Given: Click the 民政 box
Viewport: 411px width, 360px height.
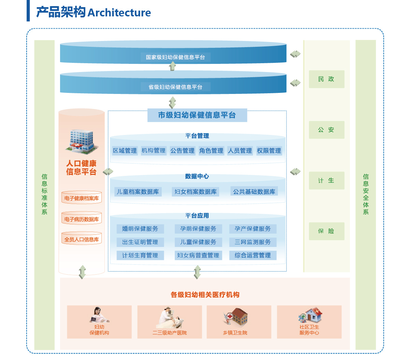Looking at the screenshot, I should [x=326, y=79].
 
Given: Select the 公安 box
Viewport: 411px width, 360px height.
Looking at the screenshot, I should [x=326, y=130].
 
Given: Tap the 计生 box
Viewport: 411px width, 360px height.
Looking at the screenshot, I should [x=326, y=181].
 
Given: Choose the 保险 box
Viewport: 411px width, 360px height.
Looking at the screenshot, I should [x=326, y=231].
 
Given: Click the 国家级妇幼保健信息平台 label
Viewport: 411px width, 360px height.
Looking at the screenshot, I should [x=175, y=57].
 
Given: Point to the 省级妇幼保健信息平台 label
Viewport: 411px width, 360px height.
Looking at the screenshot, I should [x=175, y=87].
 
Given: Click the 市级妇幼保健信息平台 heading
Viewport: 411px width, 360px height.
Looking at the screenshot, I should [x=197, y=115].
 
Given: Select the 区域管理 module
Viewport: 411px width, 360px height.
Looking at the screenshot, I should [x=125, y=151].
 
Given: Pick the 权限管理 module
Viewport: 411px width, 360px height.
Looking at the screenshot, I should [x=269, y=151].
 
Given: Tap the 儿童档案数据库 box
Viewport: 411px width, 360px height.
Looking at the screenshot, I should [x=138, y=192].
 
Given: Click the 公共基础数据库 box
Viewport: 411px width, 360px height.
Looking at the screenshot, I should [x=254, y=192].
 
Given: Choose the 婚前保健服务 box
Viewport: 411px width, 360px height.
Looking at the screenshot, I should [x=140, y=229].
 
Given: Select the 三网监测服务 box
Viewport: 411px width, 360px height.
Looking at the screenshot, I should [x=253, y=242].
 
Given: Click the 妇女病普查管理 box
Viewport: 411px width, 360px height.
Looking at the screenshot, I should [x=198, y=255].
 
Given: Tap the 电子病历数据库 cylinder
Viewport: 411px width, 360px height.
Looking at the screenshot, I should [x=82, y=219].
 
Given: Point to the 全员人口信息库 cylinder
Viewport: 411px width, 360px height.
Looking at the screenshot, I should [x=82, y=239].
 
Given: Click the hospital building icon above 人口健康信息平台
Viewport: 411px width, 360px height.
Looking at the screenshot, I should [x=81, y=141].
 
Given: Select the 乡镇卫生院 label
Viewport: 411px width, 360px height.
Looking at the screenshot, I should [x=235, y=333].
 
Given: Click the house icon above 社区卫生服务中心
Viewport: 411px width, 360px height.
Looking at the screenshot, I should [x=313, y=315].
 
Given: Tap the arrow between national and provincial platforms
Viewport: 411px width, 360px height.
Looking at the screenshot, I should [x=173, y=66].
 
